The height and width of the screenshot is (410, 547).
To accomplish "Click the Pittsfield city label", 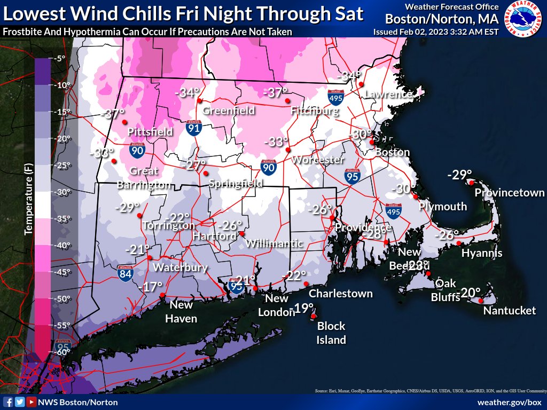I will click(x=150, y=131).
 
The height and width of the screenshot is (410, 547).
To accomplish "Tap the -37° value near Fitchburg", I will click(x=276, y=93).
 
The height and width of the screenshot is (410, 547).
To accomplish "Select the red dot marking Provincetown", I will click(x=472, y=182).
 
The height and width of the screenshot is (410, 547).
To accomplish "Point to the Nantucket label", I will click(x=509, y=310).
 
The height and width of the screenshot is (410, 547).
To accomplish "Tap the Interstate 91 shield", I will click(x=194, y=128).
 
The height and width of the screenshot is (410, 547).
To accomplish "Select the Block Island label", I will click(x=331, y=333).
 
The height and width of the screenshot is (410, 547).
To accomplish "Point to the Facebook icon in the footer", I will click(x=8, y=402).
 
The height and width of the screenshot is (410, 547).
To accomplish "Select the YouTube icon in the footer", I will click(x=32, y=402).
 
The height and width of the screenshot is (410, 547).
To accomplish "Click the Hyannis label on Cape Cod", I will click(x=481, y=253).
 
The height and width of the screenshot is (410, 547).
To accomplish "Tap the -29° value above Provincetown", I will click(x=459, y=175).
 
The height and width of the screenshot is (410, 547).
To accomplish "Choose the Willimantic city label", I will click(x=274, y=243).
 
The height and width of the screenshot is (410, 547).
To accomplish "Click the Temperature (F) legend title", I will click(x=28, y=199).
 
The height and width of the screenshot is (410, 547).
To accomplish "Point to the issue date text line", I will click(x=435, y=31).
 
